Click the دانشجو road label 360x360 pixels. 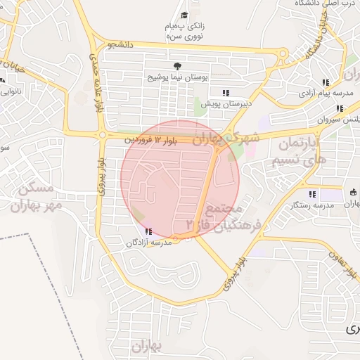[121, 45]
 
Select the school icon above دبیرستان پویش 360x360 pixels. [226, 93]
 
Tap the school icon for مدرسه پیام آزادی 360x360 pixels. [325, 82]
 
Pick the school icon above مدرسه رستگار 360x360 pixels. [311, 194]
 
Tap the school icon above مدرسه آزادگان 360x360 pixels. [148, 232]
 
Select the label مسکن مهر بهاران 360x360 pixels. [35, 197]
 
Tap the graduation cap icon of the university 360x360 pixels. [184, 15]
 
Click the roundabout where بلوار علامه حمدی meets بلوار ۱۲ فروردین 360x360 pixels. [103, 135]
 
